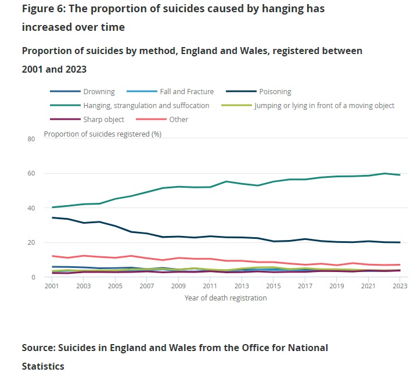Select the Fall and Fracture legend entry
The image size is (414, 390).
click(x=186, y=92)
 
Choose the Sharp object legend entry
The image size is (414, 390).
click(x=103, y=120)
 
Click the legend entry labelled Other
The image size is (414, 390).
click(x=179, y=120)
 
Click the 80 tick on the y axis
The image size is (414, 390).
click(x=31, y=139)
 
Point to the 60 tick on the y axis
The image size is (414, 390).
click(x=31, y=174)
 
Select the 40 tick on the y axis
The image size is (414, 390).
click(x=31, y=208)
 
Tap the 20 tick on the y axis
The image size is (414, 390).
click(x=31, y=242)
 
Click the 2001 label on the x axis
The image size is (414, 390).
click(x=52, y=287)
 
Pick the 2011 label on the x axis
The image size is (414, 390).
click(x=210, y=287)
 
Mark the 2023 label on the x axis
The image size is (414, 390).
click(x=399, y=287)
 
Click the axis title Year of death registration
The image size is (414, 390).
click(x=225, y=298)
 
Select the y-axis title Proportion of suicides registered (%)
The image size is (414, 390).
click(x=103, y=134)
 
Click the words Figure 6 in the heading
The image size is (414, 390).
click(x=44, y=9)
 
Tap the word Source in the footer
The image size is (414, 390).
click(x=40, y=348)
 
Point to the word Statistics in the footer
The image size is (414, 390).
click(x=43, y=366)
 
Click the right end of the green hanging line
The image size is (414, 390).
click(x=400, y=175)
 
